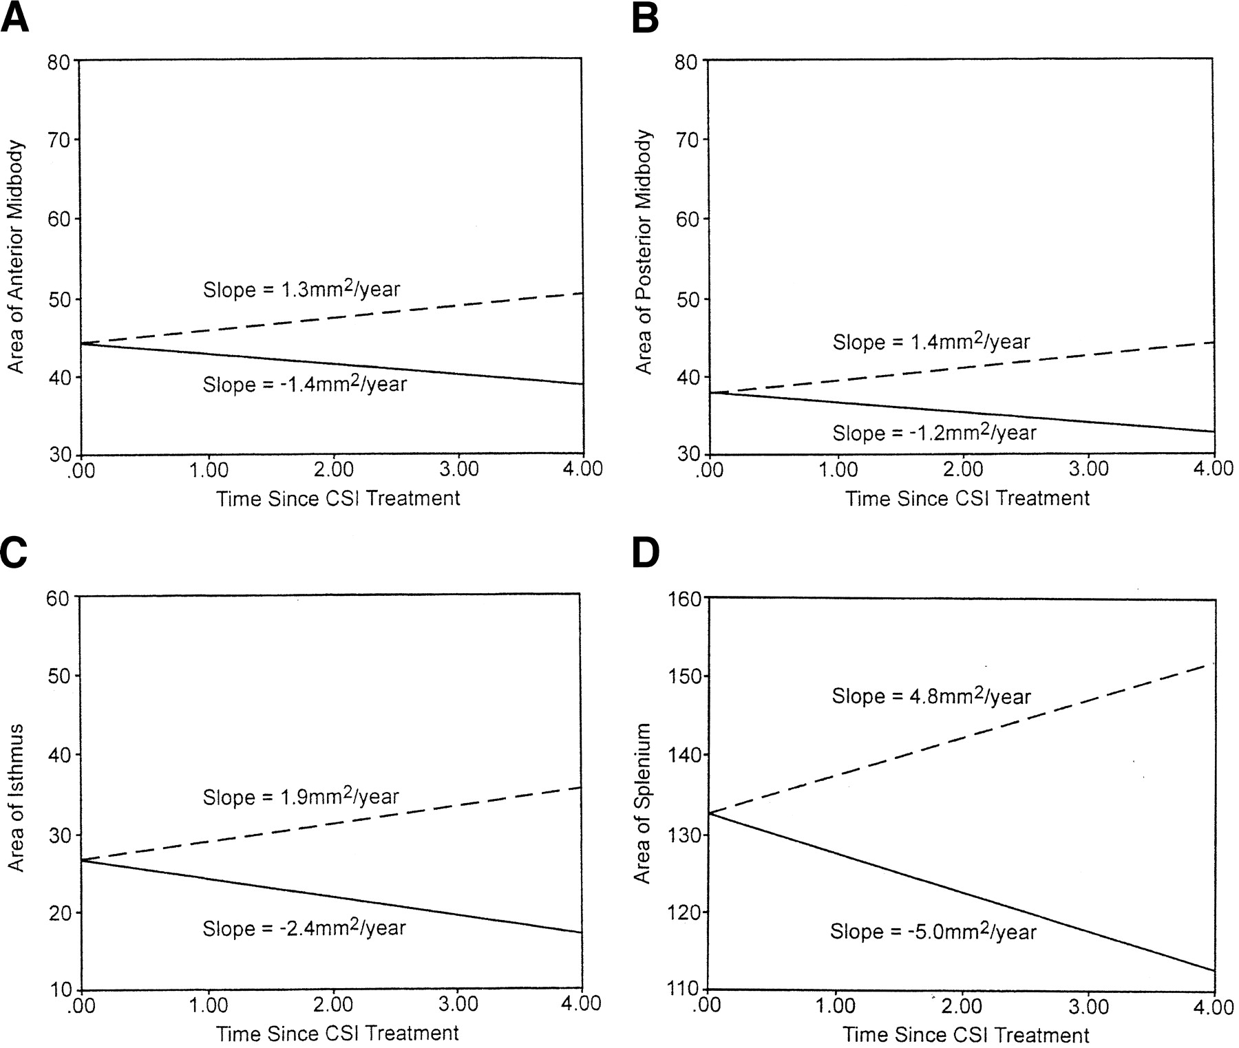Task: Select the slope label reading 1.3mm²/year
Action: (301, 289)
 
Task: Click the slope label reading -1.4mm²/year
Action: (304, 383)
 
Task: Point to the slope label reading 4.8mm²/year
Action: (931, 696)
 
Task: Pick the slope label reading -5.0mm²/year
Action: (933, 931)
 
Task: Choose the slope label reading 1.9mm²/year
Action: (301, 797)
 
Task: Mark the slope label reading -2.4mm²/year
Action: (304, 928)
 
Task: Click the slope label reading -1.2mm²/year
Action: (934, 432)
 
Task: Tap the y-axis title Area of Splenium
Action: (642, 802)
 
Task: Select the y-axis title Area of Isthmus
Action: (16, 798)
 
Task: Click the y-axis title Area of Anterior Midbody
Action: (16, 257)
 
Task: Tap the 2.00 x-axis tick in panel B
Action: (962, 470)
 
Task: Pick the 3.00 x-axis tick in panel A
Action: (458, 470)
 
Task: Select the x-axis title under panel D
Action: (966, 1034)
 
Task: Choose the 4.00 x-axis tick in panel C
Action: (581, 1004)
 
